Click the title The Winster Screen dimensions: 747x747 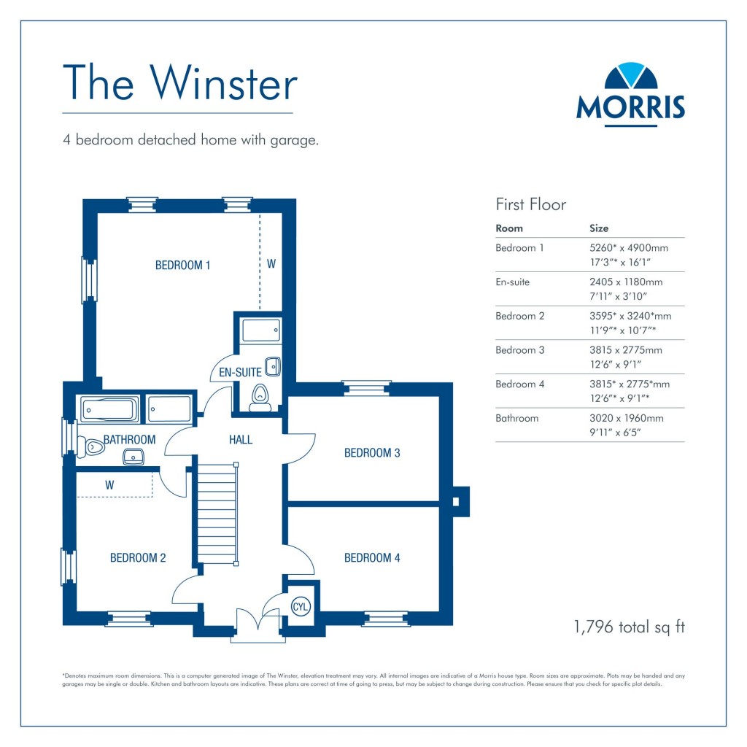[x=180, y=83]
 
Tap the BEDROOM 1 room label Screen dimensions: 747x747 [x=182, y=266]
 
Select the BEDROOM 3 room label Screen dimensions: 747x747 [x=372, y=453]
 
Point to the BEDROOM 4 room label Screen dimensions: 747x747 [x=372, y=558]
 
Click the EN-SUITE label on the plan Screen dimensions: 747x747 [x=240, y=373]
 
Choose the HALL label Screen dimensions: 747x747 [x=241, y=439]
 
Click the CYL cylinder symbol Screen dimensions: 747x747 [x=300, y=605]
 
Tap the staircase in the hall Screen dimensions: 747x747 [x=218, y=515]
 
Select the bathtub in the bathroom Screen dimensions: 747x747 [x=109, y=409]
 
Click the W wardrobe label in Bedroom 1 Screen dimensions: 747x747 [x=271, y=264]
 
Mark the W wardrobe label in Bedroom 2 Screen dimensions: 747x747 [x=109, y=484]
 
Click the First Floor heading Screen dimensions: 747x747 [x=530, y=204]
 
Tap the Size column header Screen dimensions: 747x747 [x=598, y=228]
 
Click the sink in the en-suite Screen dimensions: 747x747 [x=272, y=365]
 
